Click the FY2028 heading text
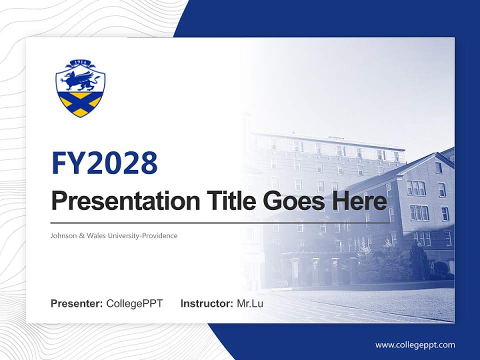point(104,163)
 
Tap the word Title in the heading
point(228,201)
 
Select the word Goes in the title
point(291,201)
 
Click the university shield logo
point(80,88)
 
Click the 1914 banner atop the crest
point(80,63)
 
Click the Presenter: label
point(76,303)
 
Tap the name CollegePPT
point(134,303)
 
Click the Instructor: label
point(206,303)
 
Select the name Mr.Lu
point(250,303)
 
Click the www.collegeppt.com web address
point(415,345)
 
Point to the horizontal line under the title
point(220,222)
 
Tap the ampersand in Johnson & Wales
point(82,235)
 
